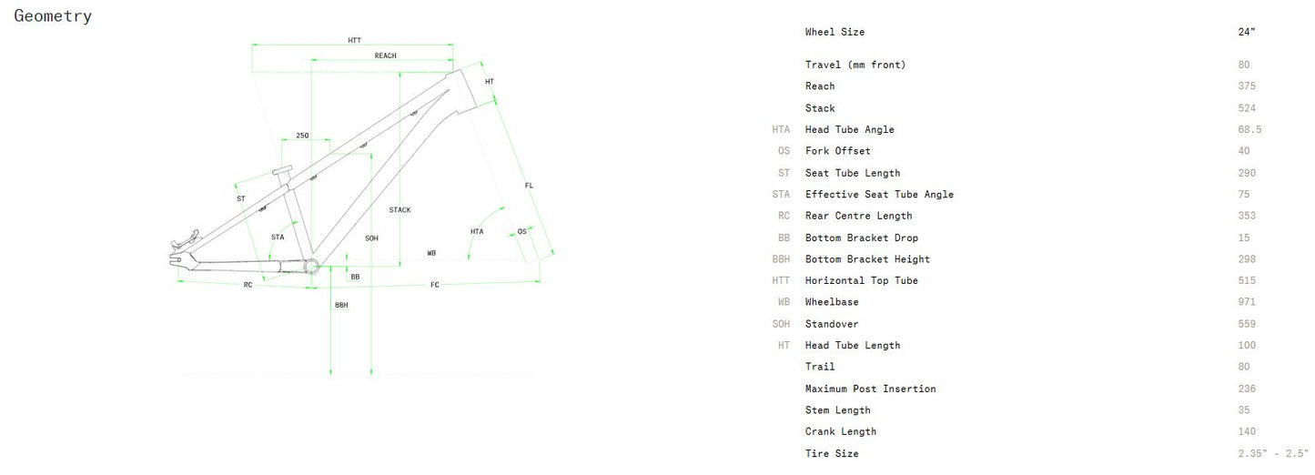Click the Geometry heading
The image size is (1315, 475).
pyautogui.click(x=53, y=15)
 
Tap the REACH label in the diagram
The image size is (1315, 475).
pyautogui.click(x=385, y=56)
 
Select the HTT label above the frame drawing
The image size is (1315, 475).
pyautogui.click(x=354, y=40)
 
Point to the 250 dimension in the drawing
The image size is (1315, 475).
pyautogui.click(x=302, y=136)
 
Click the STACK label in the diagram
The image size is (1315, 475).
pyautogui.click(x=400, y=210)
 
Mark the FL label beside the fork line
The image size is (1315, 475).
pyautogui.click(x=529, y=186)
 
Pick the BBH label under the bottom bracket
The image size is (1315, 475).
pyautogui.click(x=341, y=305)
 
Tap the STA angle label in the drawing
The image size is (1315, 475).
pyautogui.click(x=278, y=237)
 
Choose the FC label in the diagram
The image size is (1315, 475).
pyautogui.click(x=435, y=285)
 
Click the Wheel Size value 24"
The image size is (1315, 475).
pyautogui.click(x=1246, y=32)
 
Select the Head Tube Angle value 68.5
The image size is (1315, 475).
pyautogui.click(x=1249, y=129)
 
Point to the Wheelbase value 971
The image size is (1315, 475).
pyautogui.click(x=1247, y=302)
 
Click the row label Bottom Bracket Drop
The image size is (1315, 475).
pyautogui.click(x=861, y=237)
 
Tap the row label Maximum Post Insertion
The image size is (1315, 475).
pyautogui.click(x=870, y=389)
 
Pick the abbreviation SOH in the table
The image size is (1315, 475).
pyautogui.click(x=781, y=324)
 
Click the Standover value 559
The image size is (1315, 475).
pyautogui.click(x=1247, y=324)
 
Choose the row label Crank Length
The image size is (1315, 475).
pyautogui.click(x=840, y=431)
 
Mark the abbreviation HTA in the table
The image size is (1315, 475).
pyautogui.click(x=781, y=129)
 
